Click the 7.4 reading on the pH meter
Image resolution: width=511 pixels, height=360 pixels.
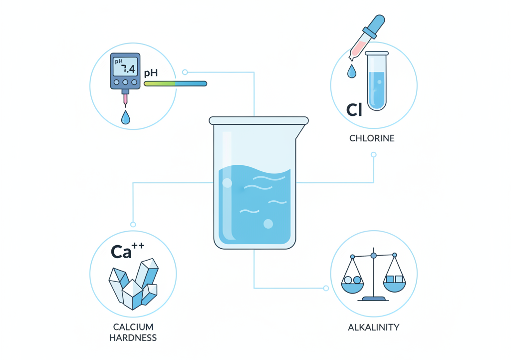pyautogui.click(x=128, y=68)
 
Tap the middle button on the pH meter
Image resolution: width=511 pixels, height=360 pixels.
pyautogui.click(x=125, y=82)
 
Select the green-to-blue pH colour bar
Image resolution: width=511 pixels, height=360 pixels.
pyautogui.click(x=175, y=84)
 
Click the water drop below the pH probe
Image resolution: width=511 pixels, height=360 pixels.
pyautogui.click(x=125, y=117)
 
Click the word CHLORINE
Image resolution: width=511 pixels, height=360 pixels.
pyautogui.click(x=372, y=138)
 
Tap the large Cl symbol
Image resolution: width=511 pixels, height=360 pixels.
pyautogui.click(x=354, y=110)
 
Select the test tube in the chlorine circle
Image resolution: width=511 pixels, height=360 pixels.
pyautogui.click(x=377, y=81)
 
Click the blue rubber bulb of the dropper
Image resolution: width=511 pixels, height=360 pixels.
pyautogui.click(x=375, y=25)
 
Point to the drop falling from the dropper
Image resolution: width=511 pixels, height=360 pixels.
pyautogui.click(x=352, y=71)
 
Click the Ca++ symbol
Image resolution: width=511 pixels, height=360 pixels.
pyautogui.click(x=127, y=251)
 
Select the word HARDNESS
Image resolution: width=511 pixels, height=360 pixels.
pyautogui.click(x=133, y=338)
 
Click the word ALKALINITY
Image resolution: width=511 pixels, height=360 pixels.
pyautogui.click(x=373, y=327)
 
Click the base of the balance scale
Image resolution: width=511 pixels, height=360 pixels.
pyautogui.click(x=373, y=299)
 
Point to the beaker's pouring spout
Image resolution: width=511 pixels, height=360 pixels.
pyautogui.click(x=301, y=130)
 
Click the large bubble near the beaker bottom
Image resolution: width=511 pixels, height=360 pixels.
pyautogui.click(x=268, y=224)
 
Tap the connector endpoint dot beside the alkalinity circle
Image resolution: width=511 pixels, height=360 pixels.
pyautogui.click(x=326, y=288)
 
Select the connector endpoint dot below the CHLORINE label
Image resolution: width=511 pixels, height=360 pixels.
pyautogui.click(x=374, y=155)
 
